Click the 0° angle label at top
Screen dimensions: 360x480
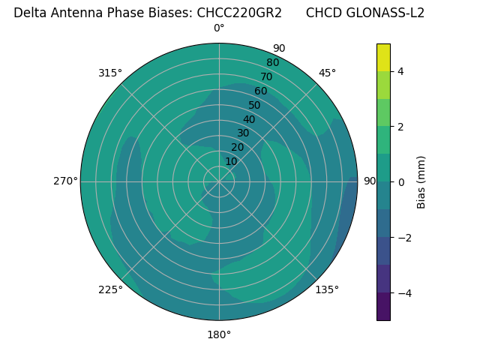219,28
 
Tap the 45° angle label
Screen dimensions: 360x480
327,73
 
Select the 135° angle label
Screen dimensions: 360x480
327,289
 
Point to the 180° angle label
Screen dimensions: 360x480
219,334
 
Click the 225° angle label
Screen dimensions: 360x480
110,289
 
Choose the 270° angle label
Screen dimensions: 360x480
65,181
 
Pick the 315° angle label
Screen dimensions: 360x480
110,73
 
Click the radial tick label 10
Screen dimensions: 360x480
231,161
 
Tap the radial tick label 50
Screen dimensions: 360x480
255,105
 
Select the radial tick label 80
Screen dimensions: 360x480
272,62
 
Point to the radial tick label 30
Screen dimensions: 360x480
243,133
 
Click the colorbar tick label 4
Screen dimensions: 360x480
400,71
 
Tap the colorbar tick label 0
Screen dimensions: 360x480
400,182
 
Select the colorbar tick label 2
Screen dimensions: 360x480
400,127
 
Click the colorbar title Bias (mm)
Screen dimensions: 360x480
421,182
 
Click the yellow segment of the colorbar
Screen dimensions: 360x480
383,57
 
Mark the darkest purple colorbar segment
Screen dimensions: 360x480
383,307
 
